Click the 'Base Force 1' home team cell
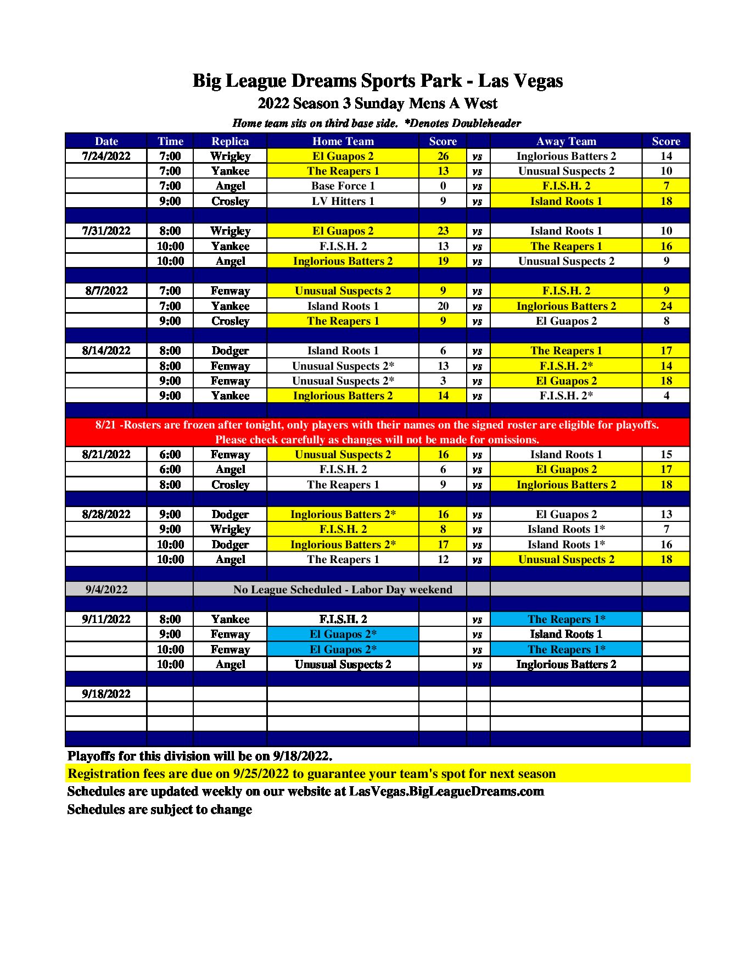tap(343, 186)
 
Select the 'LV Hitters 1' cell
tap(343, 201)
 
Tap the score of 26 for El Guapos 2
tap(443, 156)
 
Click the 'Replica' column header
tap(230, 141)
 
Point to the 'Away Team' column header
tap(566, 141)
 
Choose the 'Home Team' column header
tap(343, 141)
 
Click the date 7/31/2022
tap(107, 231)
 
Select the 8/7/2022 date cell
tap(107, 291)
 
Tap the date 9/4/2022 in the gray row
tap(107, 589)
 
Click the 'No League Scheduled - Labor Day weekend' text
tap(343, 589)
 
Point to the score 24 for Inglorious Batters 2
tap(666, 306)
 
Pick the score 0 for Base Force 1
tap(443, 186)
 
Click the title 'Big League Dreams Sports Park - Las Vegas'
tap(378, 81)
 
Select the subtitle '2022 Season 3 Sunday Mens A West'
tap(378, 103)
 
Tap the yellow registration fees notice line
tap(311, 774)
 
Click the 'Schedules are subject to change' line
tap(159, 809)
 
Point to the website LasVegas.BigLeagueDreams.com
tap(446, 791)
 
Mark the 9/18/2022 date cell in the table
tap(107, 694)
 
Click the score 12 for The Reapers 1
tap(443, 559)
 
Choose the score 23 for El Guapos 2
tap(443, 231)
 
